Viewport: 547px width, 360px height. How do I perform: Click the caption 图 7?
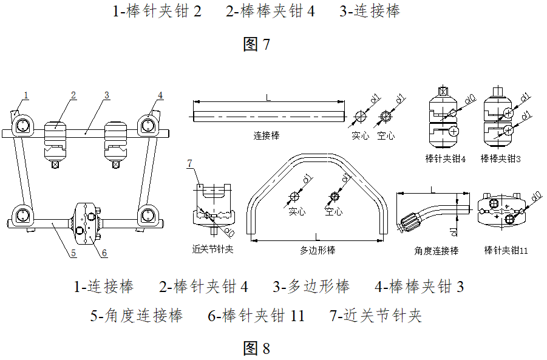(256, 44)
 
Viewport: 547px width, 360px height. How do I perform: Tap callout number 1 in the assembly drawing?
(26, 94)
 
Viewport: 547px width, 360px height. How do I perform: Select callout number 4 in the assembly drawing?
(160, 95)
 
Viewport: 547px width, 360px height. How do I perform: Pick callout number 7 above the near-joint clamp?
(190, 164)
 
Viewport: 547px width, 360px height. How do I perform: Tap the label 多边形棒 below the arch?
(318, 250)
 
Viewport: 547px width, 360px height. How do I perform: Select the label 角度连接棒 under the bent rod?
(436, 250)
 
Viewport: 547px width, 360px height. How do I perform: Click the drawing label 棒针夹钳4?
(446, 158)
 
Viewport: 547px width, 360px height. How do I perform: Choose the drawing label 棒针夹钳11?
(506, 250)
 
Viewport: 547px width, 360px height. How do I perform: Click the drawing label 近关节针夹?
(212, 249)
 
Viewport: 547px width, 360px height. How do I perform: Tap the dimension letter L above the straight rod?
(267, 97)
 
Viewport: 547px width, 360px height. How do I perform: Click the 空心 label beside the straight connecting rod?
(386, 135)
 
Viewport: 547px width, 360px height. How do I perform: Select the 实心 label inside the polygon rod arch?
(296, 212)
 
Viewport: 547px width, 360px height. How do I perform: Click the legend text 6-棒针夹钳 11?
(256, 316)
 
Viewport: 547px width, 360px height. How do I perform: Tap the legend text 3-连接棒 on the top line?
(370, 12)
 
